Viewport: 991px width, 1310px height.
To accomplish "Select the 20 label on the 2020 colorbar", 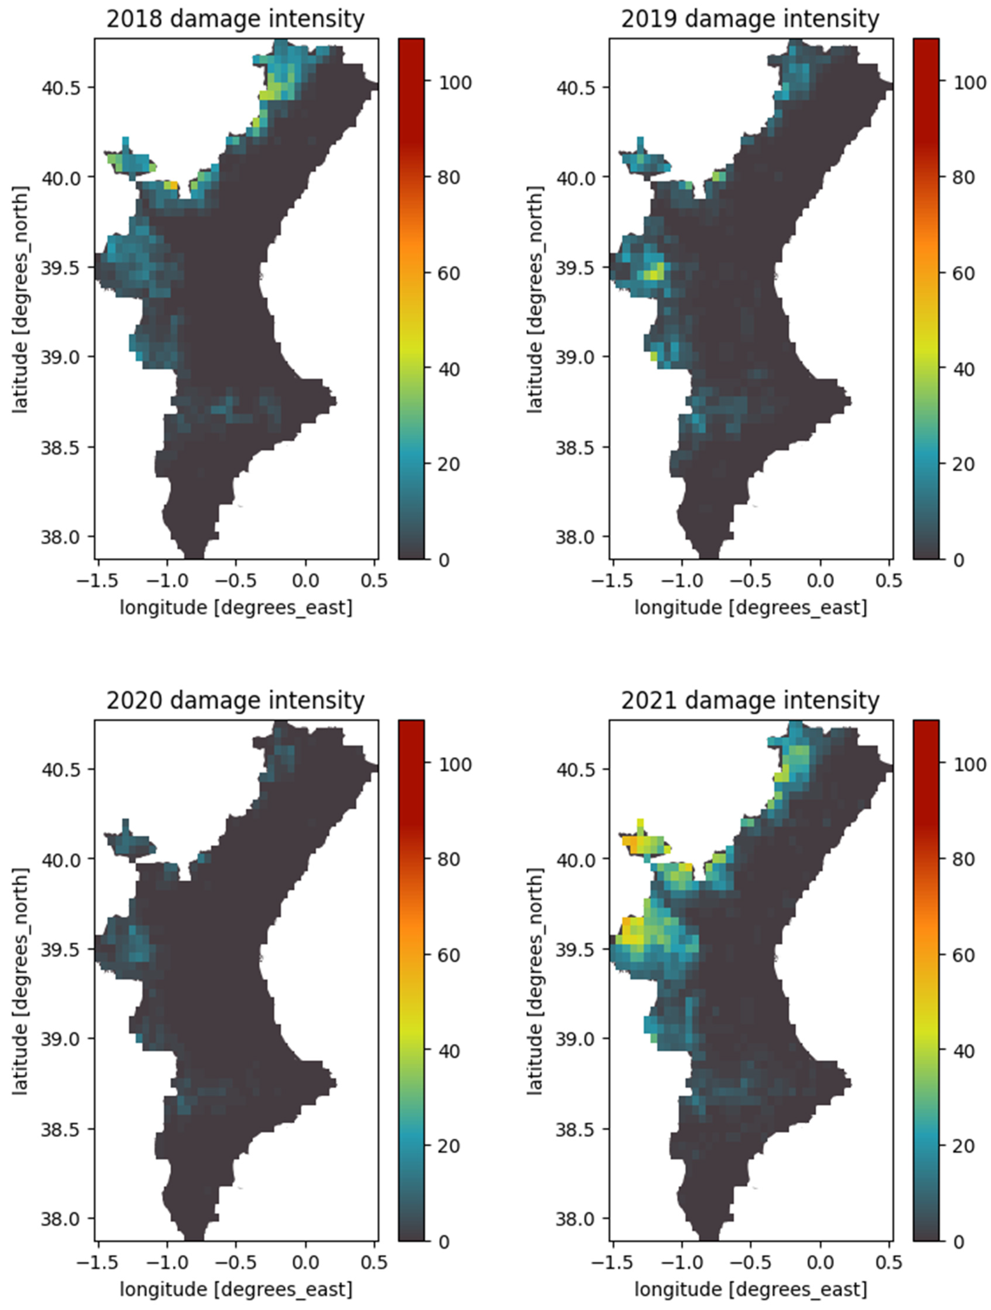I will [x=449, y=1146].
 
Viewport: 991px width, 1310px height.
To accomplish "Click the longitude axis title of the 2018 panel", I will [x=236, y=608].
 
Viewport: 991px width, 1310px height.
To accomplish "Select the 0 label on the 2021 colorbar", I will [x=958, y=1242].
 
